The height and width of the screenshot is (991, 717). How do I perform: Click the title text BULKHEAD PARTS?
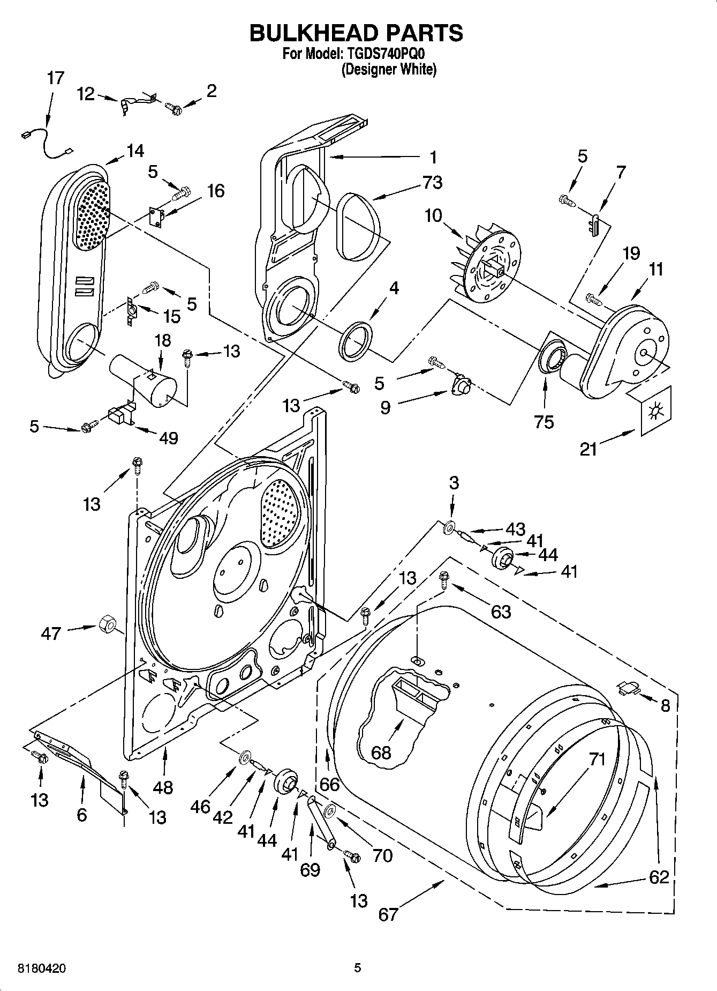coord(356,33)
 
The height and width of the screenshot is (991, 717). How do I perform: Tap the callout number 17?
coord(55,78)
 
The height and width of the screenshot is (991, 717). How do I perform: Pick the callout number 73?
coord(432,182)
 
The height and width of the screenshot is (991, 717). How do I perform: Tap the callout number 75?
coord(544,422)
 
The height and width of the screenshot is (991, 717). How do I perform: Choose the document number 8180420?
coord(35,968)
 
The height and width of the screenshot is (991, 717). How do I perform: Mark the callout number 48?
coord(163,787)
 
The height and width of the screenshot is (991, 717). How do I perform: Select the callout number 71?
coord(596,759)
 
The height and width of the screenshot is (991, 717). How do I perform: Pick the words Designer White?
coord(389,70)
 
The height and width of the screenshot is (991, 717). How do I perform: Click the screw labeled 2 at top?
coord(175,110)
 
